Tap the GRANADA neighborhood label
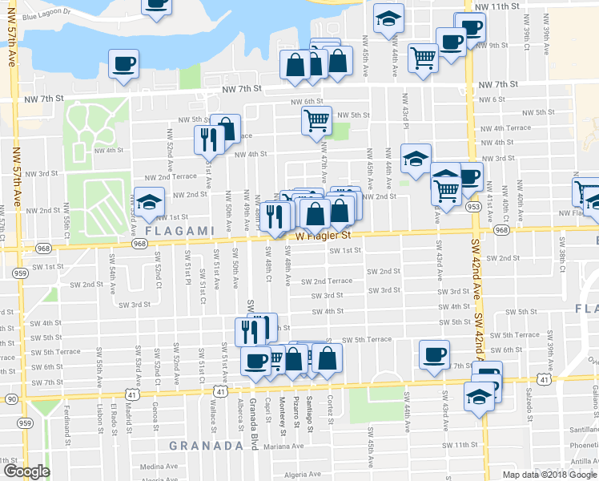[x=206, y=445]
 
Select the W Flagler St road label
[x=324, y=236]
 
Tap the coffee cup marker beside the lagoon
[x=123, y=63]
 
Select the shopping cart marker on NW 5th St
[x=316, y=120]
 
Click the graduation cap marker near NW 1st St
[x=149, y=200]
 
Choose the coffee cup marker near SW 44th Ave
[x=435, y=354]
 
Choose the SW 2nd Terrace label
[x=327, y=281]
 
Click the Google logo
[x=26, y=471]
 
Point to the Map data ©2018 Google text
[x=549, y=475]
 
